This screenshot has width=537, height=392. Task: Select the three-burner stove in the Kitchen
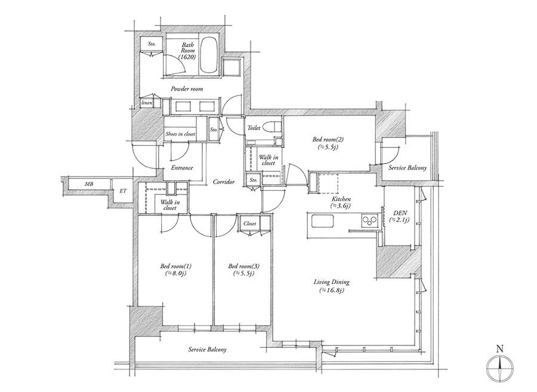pyautogui.click(x=369, y=220)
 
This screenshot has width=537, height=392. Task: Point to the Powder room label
pyautogui.click(x=187, y=89)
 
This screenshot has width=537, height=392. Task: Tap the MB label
pyautogui.click(x=89, y=184)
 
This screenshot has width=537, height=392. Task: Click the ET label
pyautogui.click(x=123, y=191)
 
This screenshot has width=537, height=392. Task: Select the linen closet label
pyautogui.click(x=147, y=103)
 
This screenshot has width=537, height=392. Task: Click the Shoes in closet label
pyautogui.click(x=180, y=134)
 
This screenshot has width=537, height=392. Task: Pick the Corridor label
pyautogui.click(x=224, y=181)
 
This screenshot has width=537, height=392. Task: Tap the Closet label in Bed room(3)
pyautogui.click(x=249, y=224)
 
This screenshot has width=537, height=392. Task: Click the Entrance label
pyautogui.click(x=182, y=168)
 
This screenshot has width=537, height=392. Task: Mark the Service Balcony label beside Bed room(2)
pyautogui.click(x=408, y=168)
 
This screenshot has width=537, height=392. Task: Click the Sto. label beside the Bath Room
pyautogui.click(x=152, y=44)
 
